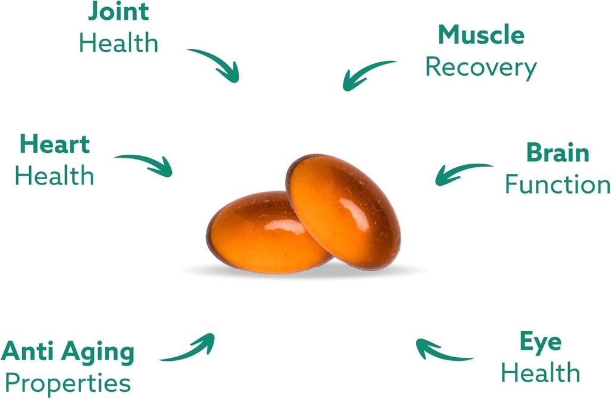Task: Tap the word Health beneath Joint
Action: point(119,43)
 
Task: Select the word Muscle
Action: point(481,35)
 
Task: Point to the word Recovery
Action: point(481,67)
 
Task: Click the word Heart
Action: point(54,144)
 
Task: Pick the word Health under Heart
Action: point(54,176)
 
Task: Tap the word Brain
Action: point(557,153)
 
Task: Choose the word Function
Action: point(557,185)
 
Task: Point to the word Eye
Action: point(540,342)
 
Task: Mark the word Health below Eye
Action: point(540,373)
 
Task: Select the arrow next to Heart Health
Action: point(146,163)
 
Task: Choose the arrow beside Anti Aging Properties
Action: point(190,349)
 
